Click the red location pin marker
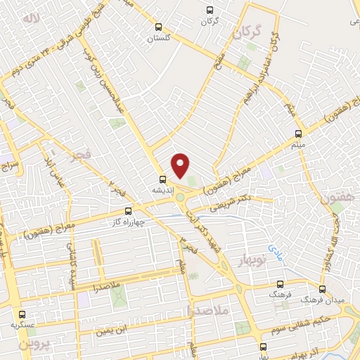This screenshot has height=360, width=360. (x=181, y=165)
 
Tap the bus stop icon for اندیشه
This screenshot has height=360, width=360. (x=162, y=179)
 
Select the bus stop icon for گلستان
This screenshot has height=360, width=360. (x=159, y=26)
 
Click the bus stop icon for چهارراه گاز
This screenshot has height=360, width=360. (x=128, y=210)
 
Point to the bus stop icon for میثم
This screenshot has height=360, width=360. (x=299, y=131)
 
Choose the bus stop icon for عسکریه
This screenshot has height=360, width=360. (x=22, y=315)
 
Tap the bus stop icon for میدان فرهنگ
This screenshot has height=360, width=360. (x=322, y=289)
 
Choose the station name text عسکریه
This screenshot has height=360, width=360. (x=22, y=326)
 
